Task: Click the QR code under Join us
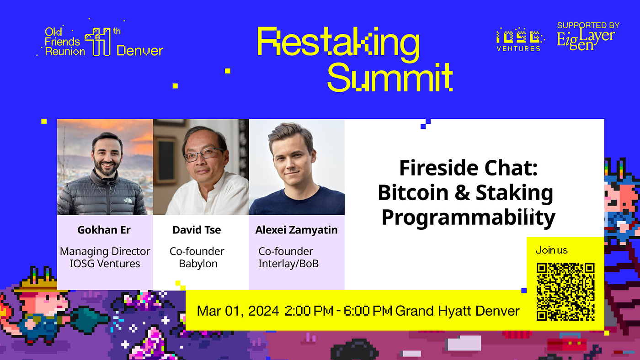pos(565,291)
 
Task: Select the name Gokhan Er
pos(104,230)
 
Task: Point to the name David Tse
pos(197,230)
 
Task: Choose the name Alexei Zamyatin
pos(296,230)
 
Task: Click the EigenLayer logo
pos(586,37)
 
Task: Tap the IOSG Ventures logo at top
pos(518,39)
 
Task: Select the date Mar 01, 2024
pos(238,312)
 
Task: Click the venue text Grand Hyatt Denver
pos(457,312)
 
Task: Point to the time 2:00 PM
pos(309,312)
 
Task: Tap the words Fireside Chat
pos(468,168)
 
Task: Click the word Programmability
pos(468,217)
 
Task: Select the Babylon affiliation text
pos(198,264)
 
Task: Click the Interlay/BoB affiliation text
pos(288,264)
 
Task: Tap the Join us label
pos(551,250)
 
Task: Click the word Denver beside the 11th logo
pos(139,50)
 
